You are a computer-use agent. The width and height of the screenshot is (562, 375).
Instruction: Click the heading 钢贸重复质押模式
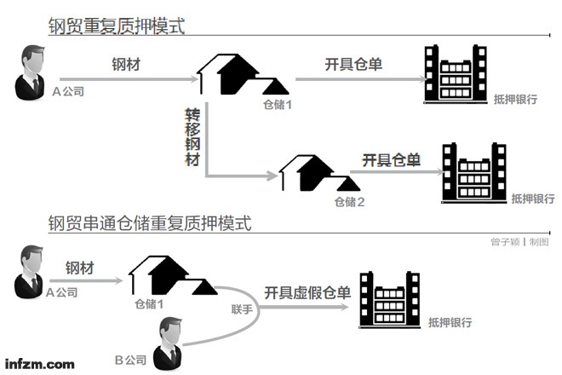click(116, 26)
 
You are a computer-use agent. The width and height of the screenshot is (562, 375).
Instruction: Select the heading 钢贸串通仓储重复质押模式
click(150, 222)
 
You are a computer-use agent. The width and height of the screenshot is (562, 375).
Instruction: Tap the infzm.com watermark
click(40, 363)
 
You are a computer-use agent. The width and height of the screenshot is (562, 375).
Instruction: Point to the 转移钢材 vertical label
click(192, 136)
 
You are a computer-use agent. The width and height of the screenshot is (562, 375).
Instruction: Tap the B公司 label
click(133, 360)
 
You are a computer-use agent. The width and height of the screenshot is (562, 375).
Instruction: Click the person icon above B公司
click(169, 339)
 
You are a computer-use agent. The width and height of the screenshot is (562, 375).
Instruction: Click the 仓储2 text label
click(349, 202)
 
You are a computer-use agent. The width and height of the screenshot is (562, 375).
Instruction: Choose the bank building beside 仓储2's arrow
click(473, 172)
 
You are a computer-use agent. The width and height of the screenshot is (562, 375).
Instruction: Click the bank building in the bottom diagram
click(390, 298)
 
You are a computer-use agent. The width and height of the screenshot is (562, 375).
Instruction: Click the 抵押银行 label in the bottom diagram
click(450, 323)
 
